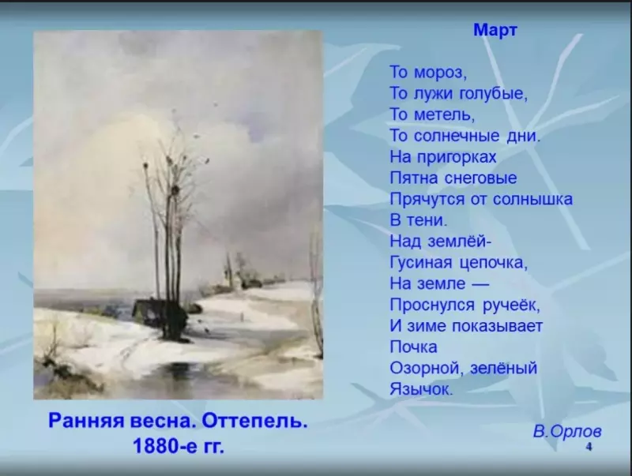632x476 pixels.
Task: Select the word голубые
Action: coord(493,94)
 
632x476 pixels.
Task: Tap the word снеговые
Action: coord(480,178)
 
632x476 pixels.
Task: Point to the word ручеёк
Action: coord(505,304)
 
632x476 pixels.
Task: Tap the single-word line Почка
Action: coord(413,346)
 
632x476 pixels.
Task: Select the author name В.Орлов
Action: coord(566,431)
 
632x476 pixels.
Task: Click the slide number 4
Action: coord(589,448)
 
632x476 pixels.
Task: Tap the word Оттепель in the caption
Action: coord(256,421)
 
